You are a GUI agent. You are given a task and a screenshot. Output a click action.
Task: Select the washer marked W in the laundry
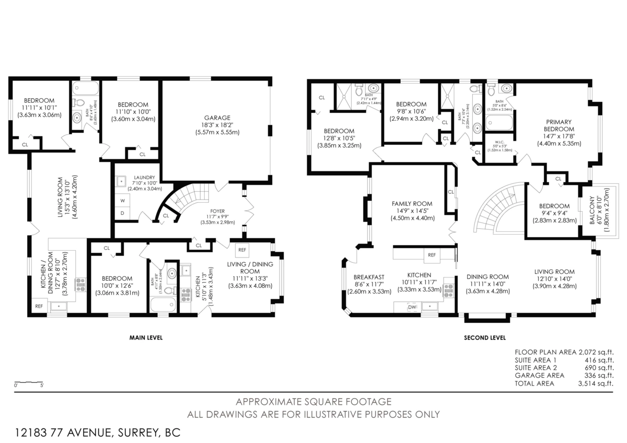(122, 200)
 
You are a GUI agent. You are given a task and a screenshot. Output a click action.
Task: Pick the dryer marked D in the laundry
(122, 213)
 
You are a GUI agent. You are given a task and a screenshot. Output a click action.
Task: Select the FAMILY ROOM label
(412, 204)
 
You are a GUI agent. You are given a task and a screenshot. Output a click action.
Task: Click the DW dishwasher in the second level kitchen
(412, 307)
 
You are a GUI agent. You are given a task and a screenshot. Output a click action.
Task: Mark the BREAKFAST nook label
(369, 277)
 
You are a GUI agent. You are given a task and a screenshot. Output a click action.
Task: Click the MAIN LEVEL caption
(146, 338)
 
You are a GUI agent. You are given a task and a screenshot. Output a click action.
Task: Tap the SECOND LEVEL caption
(484, 338)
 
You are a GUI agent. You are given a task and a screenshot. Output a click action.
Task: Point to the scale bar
(28, 382)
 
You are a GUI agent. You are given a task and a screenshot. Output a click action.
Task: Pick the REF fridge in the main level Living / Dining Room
(242, 250)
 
